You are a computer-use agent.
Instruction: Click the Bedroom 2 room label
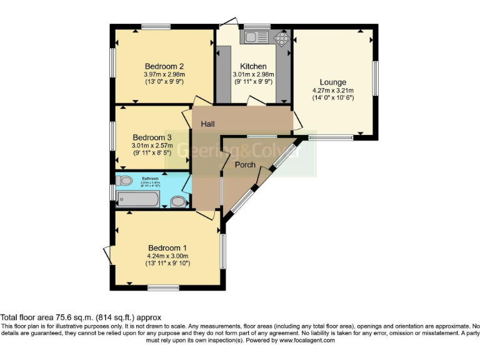point(164,66)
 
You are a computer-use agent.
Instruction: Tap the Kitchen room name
point(253,66)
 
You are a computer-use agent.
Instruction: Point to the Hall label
point(207,124)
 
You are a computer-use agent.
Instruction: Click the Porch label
point(244,165)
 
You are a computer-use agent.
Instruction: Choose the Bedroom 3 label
point(152,137)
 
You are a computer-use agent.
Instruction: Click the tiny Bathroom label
point(151,178)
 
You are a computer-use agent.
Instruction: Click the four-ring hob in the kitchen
point(282,38)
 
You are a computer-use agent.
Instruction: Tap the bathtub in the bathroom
point(137,201)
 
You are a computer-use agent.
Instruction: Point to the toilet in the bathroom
point(124,181)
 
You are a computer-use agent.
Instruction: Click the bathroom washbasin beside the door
point(178,202)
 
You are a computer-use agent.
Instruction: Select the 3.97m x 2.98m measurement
point(164,74)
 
